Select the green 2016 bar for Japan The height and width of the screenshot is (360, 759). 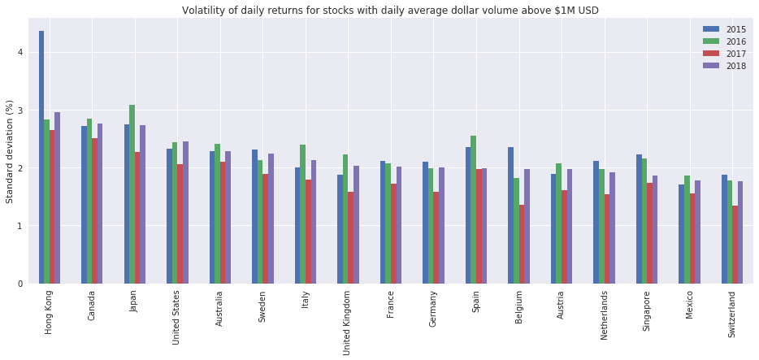pos(132,194)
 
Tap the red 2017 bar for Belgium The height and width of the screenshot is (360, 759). pos(522,244)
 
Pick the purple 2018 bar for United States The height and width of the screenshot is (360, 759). pos(185,212)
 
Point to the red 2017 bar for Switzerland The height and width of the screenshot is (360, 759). pos(735,245)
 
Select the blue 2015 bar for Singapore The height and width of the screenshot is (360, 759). pos(639,219)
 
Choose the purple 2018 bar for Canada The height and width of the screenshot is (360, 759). pos(100,203)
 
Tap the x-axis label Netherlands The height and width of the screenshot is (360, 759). pos(603,317)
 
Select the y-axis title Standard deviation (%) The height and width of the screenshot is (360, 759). pos(10,152)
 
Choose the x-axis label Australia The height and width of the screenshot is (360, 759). pos(219,310)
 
